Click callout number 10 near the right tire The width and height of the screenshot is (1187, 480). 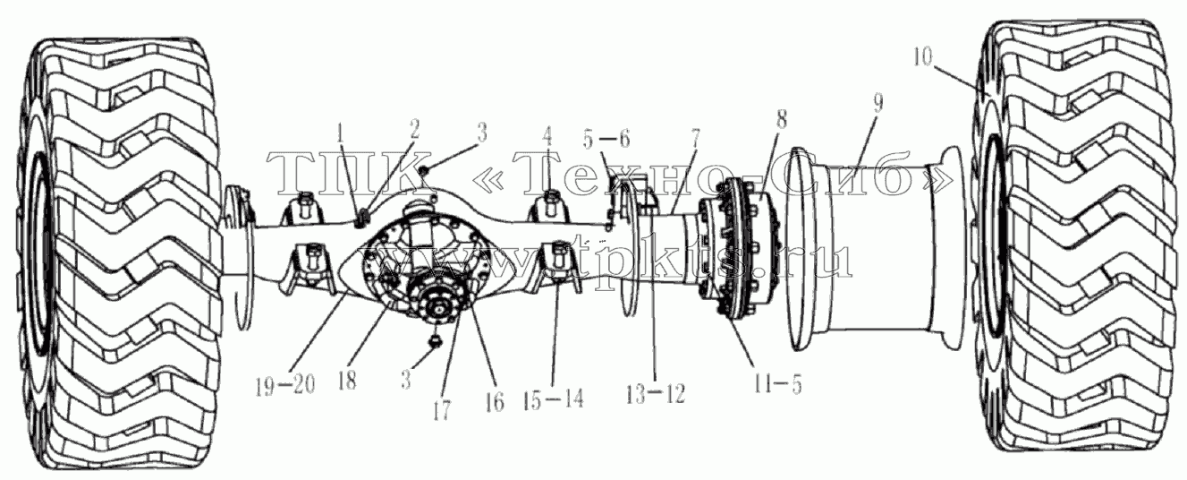[922, 57]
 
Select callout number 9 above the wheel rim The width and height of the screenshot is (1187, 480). [878, 103]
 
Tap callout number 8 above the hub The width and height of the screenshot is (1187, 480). [782, 120]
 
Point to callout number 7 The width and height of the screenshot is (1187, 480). [695, 139]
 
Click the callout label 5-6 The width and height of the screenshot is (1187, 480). [606, 140]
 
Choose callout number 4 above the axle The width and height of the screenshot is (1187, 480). [547, 136]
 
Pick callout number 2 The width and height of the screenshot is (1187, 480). [414, 128]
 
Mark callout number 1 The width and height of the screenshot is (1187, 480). [340, 134]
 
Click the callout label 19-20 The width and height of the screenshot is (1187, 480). [284, 385]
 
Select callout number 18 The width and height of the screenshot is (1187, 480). [347, 381]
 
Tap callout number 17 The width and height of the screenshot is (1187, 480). [441, 409]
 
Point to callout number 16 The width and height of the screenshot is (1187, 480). [494, 402]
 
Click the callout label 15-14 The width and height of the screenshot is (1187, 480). [555, 399]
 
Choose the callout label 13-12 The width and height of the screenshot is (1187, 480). [656, 393]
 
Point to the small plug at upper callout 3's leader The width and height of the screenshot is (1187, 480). [424, 171]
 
